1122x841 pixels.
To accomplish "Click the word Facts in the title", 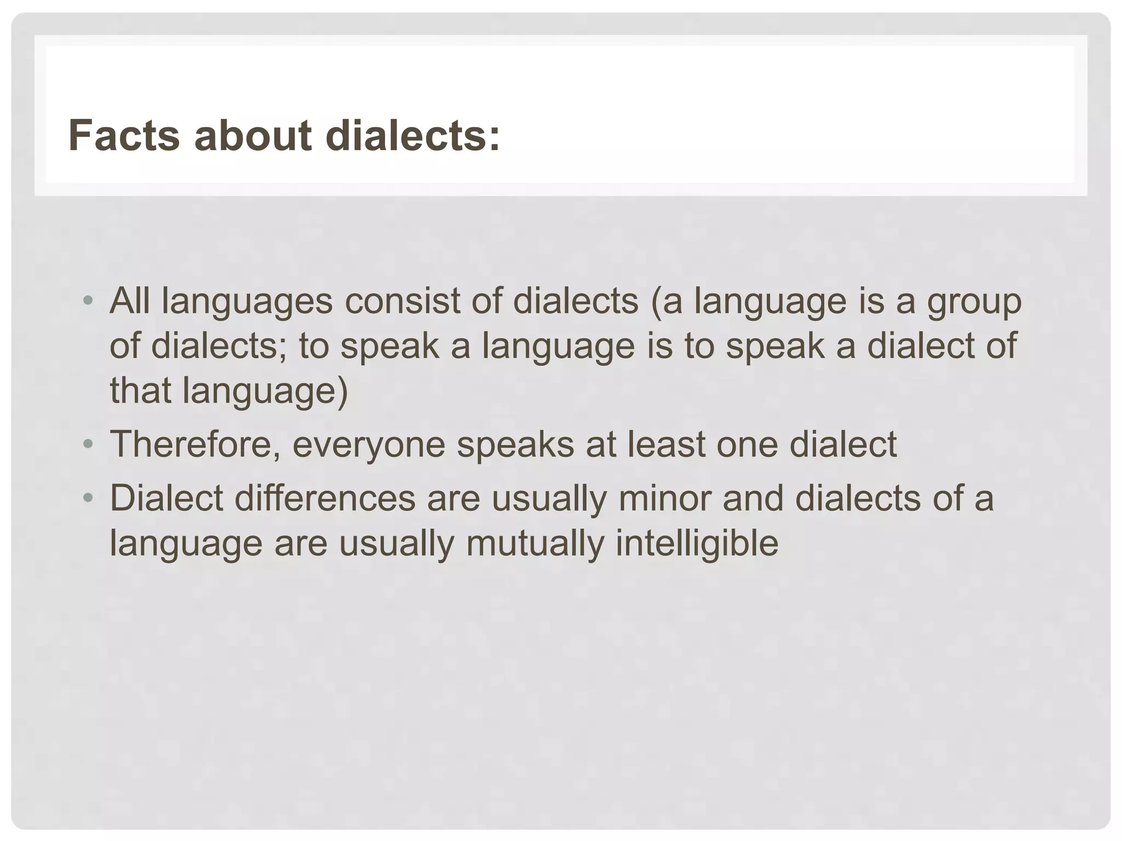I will (124, 136).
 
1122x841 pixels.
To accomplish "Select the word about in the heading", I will (253, 136).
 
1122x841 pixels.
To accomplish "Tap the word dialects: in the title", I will (413, 136).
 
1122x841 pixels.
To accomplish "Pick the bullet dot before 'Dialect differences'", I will (87, 498).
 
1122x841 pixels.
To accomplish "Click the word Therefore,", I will (195, 445).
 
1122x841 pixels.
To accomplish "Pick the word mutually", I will (535, 544).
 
